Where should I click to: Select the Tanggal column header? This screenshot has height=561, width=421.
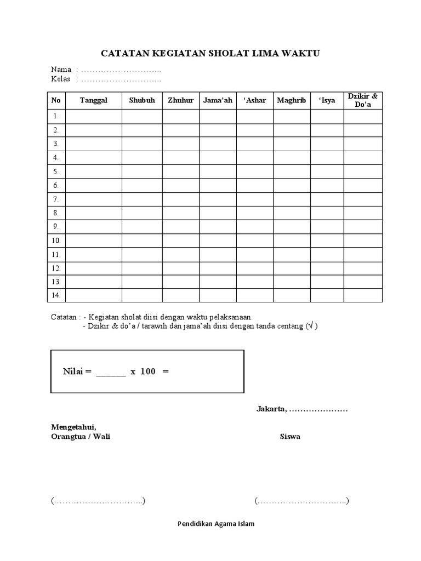coord(93,100)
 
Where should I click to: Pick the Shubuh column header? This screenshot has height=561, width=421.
coord(142,100)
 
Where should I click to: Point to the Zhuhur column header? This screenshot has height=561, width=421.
coord(180,100)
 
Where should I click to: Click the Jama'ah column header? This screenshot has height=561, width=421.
coord(218,100)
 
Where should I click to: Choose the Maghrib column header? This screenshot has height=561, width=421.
coord(292,100)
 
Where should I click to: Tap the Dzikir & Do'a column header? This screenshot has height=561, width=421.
coord(363,100)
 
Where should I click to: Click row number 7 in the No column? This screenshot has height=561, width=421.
coord(56,199)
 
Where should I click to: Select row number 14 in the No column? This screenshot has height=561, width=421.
coord(56,295)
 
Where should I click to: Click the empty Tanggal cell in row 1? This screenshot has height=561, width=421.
coord(93,116)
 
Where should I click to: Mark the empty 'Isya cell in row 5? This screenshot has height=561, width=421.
coord(327,171)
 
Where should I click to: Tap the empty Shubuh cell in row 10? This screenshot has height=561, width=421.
coord(142,241)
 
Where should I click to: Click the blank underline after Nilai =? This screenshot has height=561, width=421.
coord(111,373)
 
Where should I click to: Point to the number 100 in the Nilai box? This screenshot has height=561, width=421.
coord(147,371)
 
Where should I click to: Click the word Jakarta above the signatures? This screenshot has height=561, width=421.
coord(271,409)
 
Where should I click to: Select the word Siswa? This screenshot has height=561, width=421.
coord(290,437)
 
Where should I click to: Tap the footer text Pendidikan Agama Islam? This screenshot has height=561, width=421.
coord(216,523)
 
